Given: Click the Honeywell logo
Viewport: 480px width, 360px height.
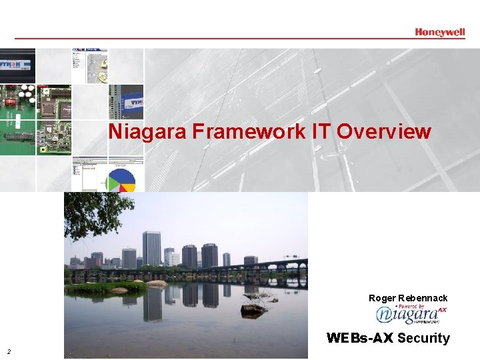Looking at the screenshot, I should [439, 31].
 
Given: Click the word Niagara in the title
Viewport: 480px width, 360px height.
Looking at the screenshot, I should [149, 131].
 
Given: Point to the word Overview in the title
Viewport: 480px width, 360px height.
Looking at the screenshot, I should [384, 131].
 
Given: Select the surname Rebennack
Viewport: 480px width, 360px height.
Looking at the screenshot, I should [423, 298].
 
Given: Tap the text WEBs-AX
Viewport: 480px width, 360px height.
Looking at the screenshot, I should [360, 338].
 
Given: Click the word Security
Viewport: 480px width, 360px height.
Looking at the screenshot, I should [423, 338].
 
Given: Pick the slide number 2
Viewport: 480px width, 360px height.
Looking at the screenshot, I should [9, 351].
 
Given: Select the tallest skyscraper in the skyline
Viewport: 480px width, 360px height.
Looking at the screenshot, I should [151, 248].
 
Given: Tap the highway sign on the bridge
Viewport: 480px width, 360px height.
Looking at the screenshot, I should [291, 257].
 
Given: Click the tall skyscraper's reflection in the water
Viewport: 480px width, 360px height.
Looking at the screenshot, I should [152, 303].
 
